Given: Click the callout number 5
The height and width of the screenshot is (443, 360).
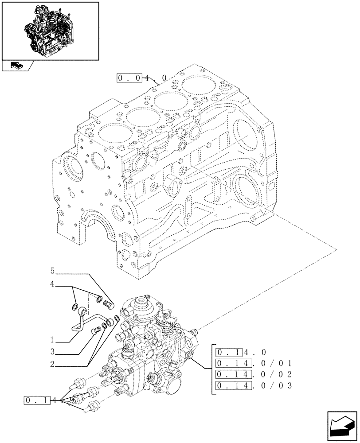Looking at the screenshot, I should click(x=52, y=270).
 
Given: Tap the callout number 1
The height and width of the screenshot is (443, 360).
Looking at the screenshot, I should click(x=52, y=341).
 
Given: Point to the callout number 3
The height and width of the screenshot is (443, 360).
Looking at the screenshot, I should click(x=52, y=352).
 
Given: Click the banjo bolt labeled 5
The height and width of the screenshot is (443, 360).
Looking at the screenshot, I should click(x=108, y=305).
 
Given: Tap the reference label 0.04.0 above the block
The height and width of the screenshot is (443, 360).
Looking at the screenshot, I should click(x=141, y=78).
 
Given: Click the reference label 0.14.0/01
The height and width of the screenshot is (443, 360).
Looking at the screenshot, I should click(x=253, y=363).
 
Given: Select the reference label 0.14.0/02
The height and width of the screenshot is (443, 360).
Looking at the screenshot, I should click(x=253, y=374).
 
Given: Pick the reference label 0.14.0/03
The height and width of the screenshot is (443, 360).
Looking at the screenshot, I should click(x=253, y=385).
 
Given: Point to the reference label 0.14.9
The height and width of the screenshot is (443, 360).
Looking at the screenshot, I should click(x=49, y=401).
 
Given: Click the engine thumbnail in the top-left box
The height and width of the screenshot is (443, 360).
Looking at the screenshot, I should click(x=50, y=30).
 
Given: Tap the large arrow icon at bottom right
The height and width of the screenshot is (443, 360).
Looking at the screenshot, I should click(x=342, y=427).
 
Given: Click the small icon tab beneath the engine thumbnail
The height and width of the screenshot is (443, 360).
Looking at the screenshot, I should click(x=16, y=66).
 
